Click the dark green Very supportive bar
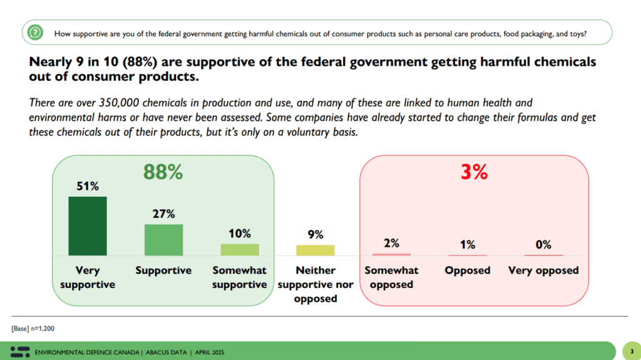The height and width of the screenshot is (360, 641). tap(88, 226)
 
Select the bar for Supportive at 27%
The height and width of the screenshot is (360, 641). tap(164, 240)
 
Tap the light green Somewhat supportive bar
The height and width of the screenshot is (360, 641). tap(240, 249)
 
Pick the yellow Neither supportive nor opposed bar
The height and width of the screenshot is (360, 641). tap(315, 250)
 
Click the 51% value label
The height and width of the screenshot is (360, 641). tap(88, 186)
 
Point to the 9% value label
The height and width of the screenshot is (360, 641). tap(315, 235)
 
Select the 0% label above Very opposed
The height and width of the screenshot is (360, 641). tap(543, 245)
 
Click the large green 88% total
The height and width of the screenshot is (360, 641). tap(163, 172)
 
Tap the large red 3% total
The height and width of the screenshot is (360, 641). tap(474, 172)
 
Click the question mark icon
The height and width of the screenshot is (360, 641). tap(36, 32)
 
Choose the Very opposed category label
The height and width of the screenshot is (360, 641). tap(543, 270)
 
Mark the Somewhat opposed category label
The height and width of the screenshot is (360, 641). tap(391, 277)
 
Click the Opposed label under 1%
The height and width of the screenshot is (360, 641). tap(467, 270)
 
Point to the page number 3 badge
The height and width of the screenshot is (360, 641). tap(631, 351)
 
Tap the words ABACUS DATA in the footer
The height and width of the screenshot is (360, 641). tap(168, 352)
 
